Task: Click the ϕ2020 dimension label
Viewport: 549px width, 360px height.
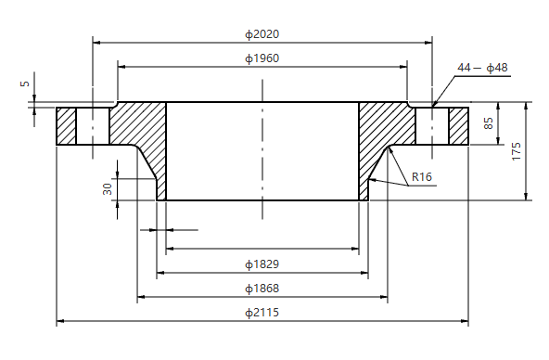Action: [x=262, y=34]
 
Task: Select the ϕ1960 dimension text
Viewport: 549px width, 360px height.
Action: [x=262, y=58]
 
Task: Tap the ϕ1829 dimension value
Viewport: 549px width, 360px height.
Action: [x=262, y=264]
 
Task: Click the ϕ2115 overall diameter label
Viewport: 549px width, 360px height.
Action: [x=262, y=313]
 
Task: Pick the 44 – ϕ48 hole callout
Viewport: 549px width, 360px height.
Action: [x=482, y=68]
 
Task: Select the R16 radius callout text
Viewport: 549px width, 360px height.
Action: [x=422, y=176]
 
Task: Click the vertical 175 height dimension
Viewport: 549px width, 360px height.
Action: [x=517, y=151]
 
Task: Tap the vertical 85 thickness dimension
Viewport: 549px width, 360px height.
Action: [x=489, y=123]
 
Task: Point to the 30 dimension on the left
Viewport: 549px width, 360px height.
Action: [x=108, y=187]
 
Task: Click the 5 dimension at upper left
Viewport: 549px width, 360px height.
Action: [x=25, y=84]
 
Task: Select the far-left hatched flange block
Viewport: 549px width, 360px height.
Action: [x=66, y=126]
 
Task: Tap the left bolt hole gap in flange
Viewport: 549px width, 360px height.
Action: [x=93, y=126]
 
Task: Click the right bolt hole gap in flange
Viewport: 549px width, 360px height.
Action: [x=432, y=126]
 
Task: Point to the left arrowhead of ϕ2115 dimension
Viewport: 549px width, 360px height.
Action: [x=61, y=322]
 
